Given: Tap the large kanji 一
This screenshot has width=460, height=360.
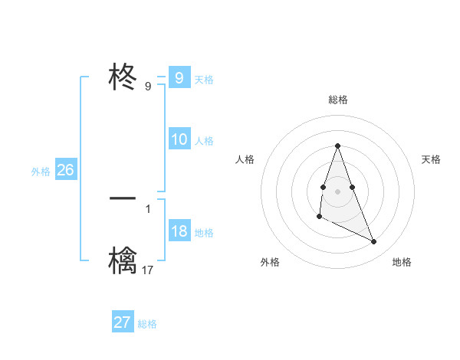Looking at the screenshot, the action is [123, 198].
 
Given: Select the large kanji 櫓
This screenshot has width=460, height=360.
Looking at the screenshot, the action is [123, 260].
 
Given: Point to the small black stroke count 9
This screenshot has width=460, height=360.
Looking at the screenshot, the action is [148, 87].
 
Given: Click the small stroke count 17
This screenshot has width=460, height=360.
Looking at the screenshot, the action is [147, 270].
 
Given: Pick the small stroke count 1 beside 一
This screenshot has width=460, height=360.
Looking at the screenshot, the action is [148, 208].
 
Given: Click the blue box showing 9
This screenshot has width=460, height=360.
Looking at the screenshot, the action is [179, 78].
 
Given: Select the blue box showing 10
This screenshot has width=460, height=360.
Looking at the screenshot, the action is [179, 139].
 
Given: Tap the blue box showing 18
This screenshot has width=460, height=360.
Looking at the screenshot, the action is [179, 231].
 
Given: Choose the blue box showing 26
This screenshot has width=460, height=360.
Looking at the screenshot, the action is [65, 170].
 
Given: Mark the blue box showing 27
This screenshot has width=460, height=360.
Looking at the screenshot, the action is [122, 322].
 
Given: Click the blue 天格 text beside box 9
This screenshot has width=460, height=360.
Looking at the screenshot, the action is [204, 80].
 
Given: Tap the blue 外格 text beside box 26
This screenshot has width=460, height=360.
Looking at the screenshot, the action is [41, 172].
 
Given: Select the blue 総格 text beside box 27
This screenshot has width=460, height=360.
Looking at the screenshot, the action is [147, 324].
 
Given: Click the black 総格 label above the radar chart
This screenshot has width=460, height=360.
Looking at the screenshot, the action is [337, 100].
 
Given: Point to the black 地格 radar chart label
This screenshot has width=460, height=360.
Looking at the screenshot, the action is [402, 262].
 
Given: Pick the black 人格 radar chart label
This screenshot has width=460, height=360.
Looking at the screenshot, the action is [245, 159].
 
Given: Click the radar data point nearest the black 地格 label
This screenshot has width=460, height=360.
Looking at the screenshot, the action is [374, 242].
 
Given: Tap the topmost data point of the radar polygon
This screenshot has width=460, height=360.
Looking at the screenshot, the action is [337, 146].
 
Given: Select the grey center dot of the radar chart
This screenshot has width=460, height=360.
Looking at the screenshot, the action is [337, 190].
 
